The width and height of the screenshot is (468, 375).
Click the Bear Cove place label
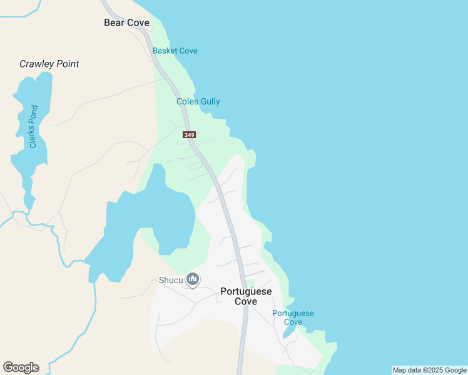click(x=126, y=23)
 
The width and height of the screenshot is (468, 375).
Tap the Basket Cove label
click(x=175, y=51)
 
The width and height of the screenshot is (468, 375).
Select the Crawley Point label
click(x=49, y=64)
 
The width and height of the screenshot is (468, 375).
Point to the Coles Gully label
click(x=198, y=101)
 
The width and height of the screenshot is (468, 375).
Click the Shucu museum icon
click(x=193, y=279)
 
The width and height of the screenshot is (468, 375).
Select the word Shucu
click(x=170, y=280)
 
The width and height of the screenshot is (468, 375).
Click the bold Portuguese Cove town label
click(x=246, y=296)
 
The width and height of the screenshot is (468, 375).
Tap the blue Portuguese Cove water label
click(x=293, y=317)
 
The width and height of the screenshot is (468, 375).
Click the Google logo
click(x=21, y=367)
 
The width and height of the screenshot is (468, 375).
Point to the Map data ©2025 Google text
click(x=429, y=370)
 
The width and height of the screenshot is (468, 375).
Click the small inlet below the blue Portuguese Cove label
click(x=289, y=331)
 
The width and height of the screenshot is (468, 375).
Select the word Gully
click(x=210, y=101)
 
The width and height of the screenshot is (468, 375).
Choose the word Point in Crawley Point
click(x=68, y=64)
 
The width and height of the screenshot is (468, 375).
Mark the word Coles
click(x=187, y=101)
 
